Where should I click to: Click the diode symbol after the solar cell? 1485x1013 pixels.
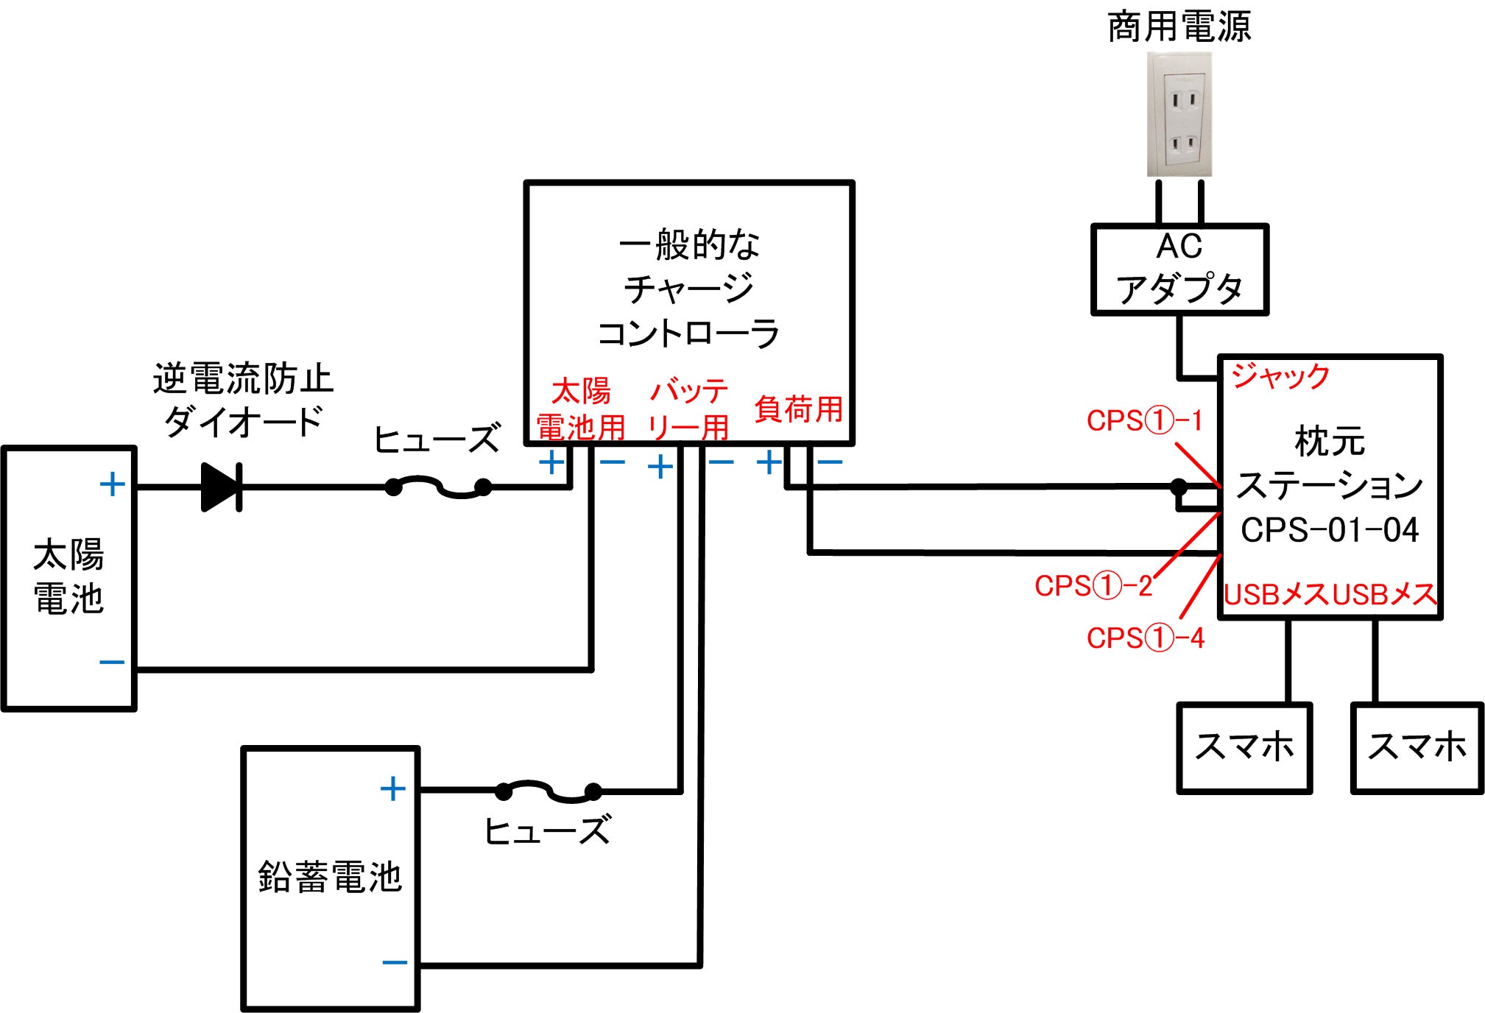221,487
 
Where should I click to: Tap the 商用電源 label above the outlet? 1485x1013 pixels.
1179,27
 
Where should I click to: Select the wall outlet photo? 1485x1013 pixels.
1179,114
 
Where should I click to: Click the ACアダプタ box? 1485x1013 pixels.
1179,269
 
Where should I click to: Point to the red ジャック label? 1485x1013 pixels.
1280,376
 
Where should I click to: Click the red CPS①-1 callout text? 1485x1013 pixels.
1144,421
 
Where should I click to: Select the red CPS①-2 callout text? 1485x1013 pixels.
1093,586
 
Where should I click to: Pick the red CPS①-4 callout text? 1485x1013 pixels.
1146,638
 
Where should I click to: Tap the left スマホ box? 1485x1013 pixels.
1244,747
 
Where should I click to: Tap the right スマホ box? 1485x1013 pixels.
1417,747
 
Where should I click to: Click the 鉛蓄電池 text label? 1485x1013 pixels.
330,878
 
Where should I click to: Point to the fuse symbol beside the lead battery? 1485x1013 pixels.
548,791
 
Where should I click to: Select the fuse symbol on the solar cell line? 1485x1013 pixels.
438,487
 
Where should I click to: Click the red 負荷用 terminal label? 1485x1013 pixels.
798,409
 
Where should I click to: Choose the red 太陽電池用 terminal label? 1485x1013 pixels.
581,409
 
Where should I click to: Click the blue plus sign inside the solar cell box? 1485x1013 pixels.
112,484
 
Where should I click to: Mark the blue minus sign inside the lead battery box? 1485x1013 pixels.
395,962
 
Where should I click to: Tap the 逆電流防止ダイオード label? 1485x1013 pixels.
243,400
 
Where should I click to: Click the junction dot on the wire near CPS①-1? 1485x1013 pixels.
1179,487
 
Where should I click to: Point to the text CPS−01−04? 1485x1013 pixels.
1329,530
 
